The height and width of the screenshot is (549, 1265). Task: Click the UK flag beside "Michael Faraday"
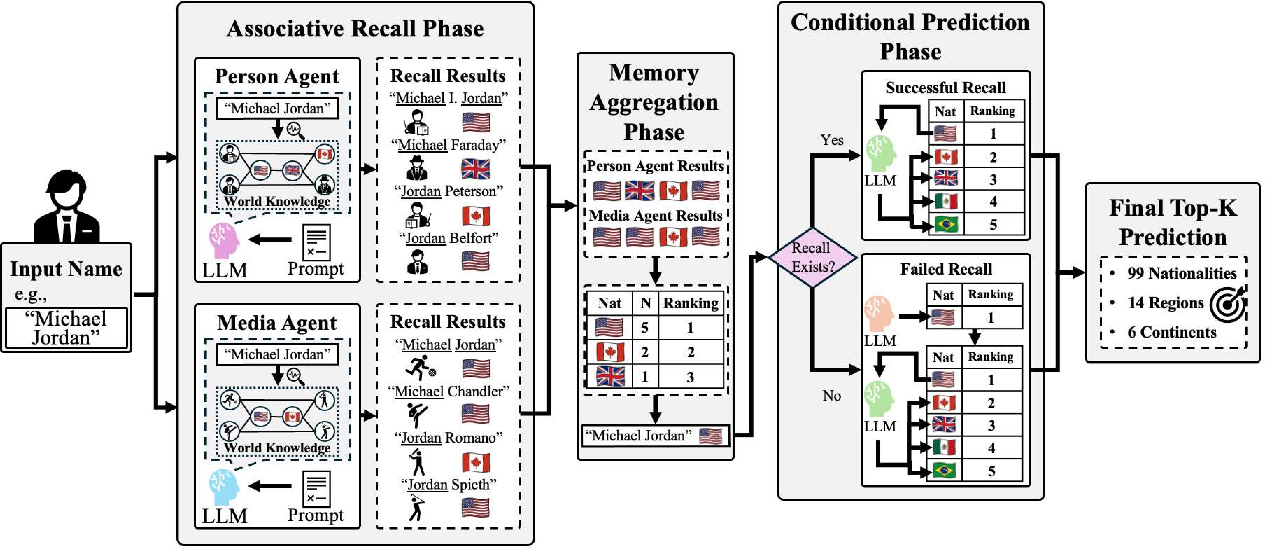[475, 169]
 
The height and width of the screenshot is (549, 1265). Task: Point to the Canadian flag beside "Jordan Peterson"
[475, 216]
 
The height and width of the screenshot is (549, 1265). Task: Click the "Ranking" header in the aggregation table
[690, 303]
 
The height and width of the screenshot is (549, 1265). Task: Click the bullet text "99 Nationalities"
[1182, 273]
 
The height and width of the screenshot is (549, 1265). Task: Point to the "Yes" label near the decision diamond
[832, 140]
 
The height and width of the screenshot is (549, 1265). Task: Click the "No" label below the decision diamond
[832, 396]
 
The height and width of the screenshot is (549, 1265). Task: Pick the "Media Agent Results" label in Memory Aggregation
[656, 216]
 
